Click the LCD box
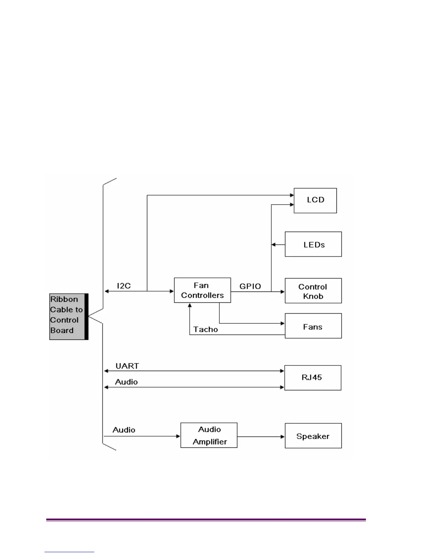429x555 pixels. coord(315,200)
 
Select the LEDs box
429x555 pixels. coord(313,244)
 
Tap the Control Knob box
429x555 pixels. coord(313,291)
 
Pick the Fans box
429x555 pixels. coord(313,326)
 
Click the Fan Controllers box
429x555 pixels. coord(202,290)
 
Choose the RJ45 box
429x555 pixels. coord(313,378)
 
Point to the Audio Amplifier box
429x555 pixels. coord(209,435)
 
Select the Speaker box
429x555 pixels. coord(313,436)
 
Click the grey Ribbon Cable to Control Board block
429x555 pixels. coord(68,316)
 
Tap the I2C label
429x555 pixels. coord(124,286)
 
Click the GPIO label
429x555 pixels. coord(250,286)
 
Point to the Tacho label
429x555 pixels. coord(206,329)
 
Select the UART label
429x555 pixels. coord(127,366)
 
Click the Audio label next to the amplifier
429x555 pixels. coord(124,430)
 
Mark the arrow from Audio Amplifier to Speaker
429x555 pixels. coord(261,437)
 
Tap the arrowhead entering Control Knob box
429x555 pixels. coord(282,291)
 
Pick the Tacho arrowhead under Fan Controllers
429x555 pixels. coord(190,305)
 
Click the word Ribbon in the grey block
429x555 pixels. coord(64,299)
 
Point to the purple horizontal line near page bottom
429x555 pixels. coord(206,520)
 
